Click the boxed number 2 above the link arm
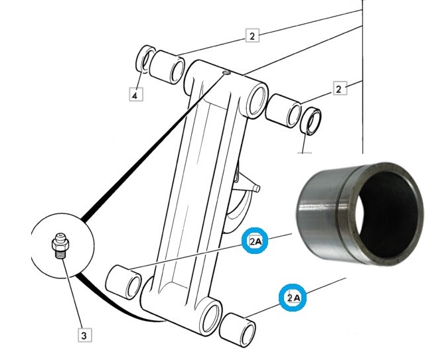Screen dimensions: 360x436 [252, 35]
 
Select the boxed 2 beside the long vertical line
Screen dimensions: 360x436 [339, 88]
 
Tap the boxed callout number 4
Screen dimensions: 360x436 [135, 95]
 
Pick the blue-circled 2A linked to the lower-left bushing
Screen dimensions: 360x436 [256, 242]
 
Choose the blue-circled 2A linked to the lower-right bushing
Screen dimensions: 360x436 [293, 298]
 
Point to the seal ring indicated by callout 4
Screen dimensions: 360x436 [145, 60]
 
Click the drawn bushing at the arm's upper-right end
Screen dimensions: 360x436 [284, 109]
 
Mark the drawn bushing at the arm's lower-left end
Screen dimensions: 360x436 [124, 280]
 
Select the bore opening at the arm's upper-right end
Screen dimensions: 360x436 [255, 101]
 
